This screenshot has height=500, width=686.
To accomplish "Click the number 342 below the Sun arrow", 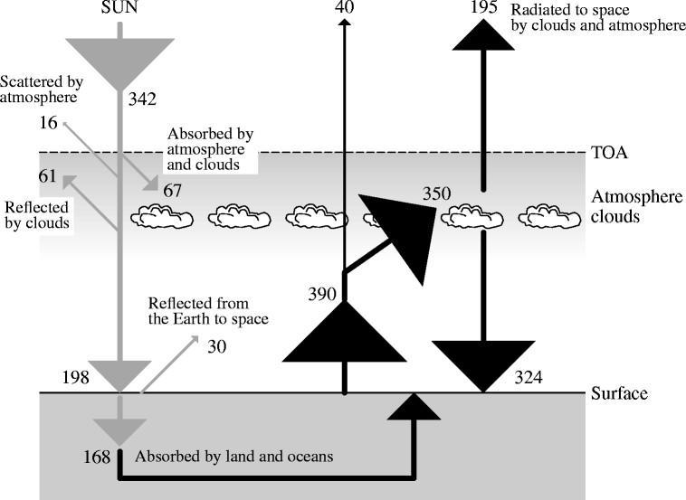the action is click(142, 99).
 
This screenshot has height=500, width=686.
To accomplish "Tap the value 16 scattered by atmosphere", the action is click(48, 123).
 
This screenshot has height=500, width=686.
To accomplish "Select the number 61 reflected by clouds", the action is click(48, 176).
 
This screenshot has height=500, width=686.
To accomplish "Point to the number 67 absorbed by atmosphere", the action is click(172, 191).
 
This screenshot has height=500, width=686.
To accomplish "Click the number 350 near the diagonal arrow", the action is click(436, 193).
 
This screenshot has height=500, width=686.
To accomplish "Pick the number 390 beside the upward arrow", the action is click(322, 294).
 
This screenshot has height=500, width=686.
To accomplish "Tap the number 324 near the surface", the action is click(529, 377).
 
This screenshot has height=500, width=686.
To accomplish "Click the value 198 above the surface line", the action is click(76, 377).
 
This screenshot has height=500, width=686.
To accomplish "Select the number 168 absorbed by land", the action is click(97, 458).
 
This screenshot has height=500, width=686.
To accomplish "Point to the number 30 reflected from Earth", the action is click(217, 347).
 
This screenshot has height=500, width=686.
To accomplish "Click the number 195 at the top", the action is click(484, 7).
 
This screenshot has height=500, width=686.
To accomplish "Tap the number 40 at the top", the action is click(344, 7).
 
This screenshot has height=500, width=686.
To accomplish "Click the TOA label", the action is click(609, 153).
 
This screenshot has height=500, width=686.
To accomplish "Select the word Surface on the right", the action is click(619, 393).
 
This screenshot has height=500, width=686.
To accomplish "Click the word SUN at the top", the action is click(119, 7).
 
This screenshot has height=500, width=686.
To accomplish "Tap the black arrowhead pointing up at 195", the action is click(483, 35).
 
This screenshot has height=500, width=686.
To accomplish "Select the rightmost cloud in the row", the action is click(549, 216).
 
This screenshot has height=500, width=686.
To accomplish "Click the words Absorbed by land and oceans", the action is click(234, 457).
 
